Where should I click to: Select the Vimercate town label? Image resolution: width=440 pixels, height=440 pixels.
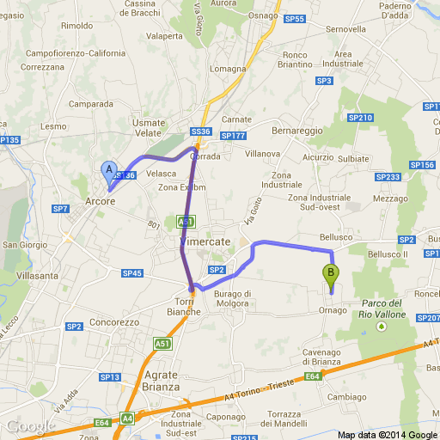click(x=205, y=242)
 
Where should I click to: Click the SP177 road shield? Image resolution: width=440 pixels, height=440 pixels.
click(x=233, y=136)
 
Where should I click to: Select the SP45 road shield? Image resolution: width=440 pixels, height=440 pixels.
click(x=131, y=273)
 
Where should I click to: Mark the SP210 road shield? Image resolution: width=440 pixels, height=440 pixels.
click(x=361, y=118)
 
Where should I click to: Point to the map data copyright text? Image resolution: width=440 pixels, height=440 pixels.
click(x=387, y=434)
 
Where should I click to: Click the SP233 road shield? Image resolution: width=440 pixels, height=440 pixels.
click(x=388, y=177)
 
